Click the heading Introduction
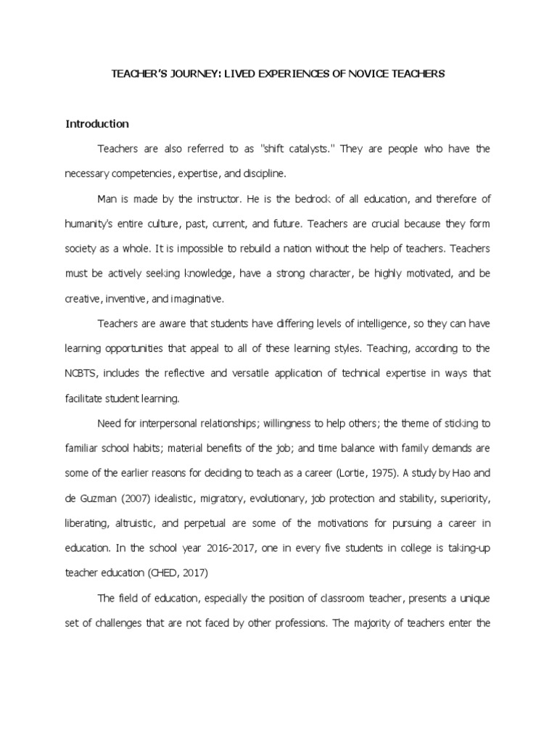97,123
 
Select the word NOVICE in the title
365,74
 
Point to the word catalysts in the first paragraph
306,149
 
